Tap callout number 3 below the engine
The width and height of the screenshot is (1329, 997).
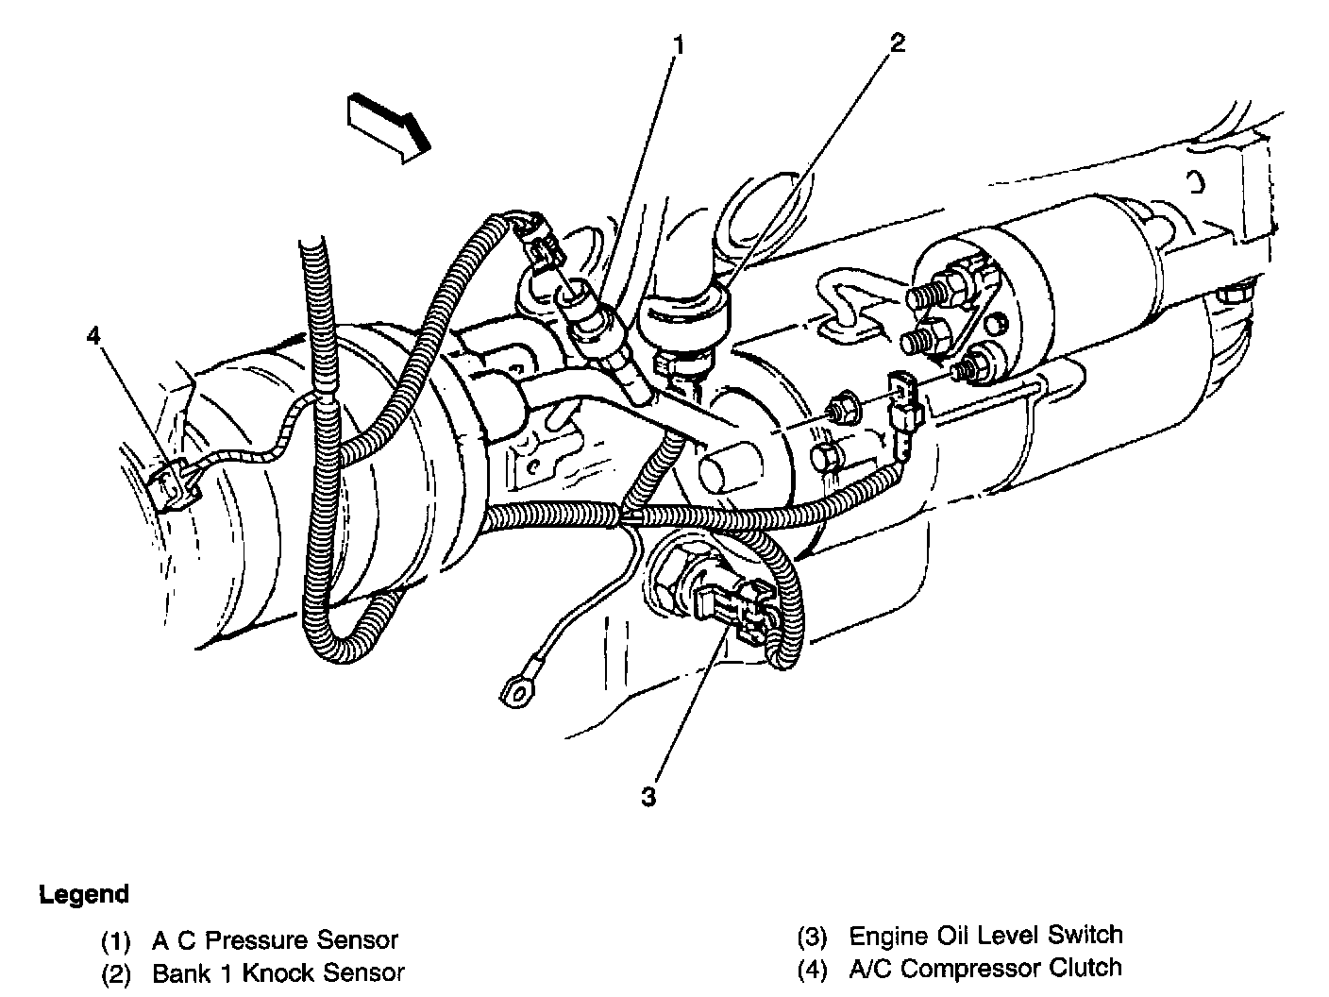[x=648, y=798]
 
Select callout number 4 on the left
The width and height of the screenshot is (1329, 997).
[x=92, y=334]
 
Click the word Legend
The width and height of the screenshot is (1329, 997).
[x=84, y=894]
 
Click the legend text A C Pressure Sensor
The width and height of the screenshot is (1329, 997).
[x=275, y=940]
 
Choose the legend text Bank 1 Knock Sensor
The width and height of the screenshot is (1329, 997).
[x=278, y=972]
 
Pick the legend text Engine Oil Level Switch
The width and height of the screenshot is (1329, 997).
[x=985, y=936]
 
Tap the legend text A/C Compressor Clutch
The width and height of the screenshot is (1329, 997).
[x=985, y=968]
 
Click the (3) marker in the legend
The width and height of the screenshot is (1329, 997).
[x=813, y=937]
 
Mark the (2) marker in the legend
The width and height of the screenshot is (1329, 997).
[x=117, y=973]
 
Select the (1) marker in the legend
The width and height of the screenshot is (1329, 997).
[x=117, y=941]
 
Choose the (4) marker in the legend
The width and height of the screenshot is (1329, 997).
[x=813, y=969]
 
